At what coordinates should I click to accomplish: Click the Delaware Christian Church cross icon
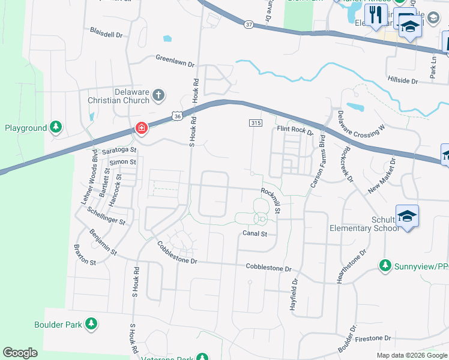tap(158, 95)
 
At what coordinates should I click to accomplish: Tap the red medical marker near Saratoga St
tap(141, 128)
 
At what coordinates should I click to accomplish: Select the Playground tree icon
tap(56, 127)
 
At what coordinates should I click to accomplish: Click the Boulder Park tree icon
tap(91, 325)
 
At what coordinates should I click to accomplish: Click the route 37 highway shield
tap(249, 25)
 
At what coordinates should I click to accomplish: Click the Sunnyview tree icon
tap(385, 265)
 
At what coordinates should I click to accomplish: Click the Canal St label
tap(255, 233)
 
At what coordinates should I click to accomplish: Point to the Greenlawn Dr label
tap(175, 61)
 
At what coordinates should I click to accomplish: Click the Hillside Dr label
tap(403, 80)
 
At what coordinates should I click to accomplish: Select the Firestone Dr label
tap(373, 338)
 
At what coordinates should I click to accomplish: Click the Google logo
tap(20, 353)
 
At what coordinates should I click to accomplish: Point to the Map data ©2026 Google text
tap(411, 355)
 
